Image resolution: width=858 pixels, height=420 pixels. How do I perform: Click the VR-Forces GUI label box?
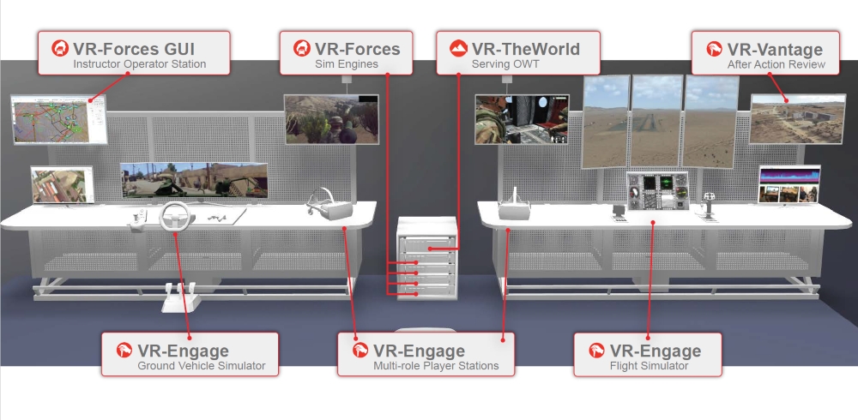coord(134,54)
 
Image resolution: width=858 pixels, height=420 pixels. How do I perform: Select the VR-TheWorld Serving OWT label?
coord(509,54)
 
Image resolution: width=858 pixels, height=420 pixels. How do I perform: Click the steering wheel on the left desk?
coord(177,217)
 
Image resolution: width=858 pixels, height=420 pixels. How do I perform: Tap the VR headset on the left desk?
coord(326,205)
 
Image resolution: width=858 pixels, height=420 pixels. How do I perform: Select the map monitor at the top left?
coord(57,119)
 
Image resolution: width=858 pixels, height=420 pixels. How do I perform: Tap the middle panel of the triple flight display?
coord(656,120)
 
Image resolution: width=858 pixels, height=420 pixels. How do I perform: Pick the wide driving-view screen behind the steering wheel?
coord(193,181)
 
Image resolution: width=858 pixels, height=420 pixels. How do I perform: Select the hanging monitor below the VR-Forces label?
coord(331,118)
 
